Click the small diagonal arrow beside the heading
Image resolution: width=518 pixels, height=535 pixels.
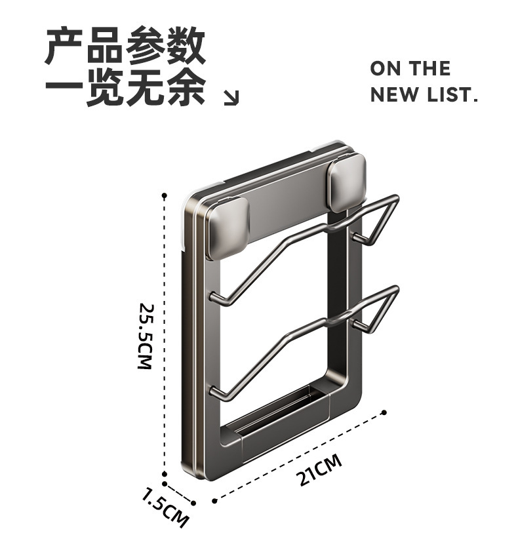(231, 98)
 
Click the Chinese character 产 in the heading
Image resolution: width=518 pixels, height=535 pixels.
(64, 47)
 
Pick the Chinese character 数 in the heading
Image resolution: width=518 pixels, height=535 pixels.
(186, 47)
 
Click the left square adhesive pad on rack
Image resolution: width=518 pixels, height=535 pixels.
(228, 227)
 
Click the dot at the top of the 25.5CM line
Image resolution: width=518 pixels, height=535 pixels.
(164, 195)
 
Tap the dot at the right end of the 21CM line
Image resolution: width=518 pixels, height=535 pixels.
(384, 412)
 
